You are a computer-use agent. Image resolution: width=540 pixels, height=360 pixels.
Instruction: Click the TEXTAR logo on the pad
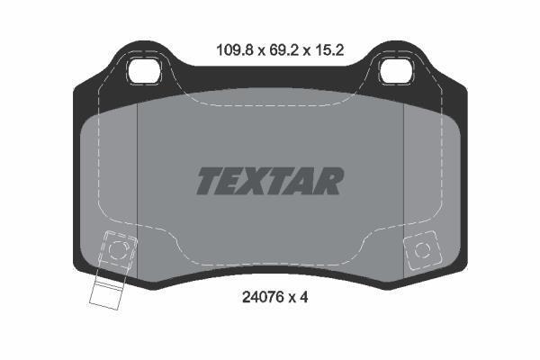270,181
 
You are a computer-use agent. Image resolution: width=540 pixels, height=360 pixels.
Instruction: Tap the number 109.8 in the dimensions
235,50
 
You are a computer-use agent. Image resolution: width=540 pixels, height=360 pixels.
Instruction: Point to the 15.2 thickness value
328,50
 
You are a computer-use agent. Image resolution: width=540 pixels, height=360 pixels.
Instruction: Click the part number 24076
263,297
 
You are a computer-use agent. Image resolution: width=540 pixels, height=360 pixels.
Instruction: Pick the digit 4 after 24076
303,297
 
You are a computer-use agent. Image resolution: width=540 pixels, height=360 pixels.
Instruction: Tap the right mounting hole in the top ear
396,72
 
